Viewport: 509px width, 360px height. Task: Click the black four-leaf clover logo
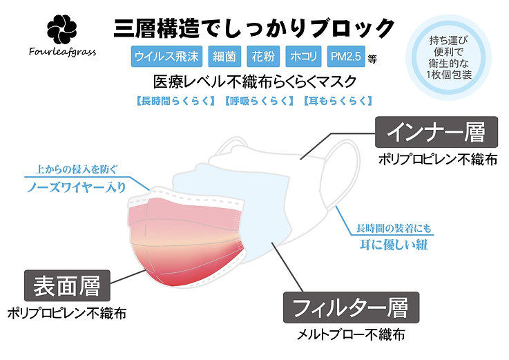[x=62, y=30]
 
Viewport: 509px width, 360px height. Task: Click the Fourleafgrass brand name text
[x=62, y=52]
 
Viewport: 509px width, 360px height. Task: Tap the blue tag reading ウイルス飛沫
[x=166, y=57]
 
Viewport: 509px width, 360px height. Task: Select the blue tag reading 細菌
[x=224, y=57]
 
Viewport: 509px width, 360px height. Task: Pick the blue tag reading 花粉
[x=263, y=57]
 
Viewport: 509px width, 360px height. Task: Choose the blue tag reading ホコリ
[x=303, y=57]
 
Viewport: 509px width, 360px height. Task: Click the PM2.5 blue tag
[x=346, y=57]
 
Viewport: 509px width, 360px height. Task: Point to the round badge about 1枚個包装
[x=449, y=58]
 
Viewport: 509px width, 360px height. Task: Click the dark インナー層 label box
[x=436, y=132]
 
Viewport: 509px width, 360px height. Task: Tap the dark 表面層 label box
[x=67, y=285]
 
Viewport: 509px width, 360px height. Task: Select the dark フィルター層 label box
[x=351, y=307]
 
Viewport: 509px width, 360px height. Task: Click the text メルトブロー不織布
[x=351, y=334]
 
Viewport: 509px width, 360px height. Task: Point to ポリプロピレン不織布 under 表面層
[x=67, y=314]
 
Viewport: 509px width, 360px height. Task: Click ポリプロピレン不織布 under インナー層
[x=438, y=159]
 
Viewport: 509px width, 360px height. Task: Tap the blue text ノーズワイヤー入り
[x=77, y=187]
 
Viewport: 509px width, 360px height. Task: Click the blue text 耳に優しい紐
[x=394, y=245]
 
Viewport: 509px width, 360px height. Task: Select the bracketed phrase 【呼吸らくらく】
[x=259, y=101]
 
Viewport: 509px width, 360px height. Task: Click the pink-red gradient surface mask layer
[x=185, y=240]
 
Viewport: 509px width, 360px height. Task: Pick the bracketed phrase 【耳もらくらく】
[x=338, y=101]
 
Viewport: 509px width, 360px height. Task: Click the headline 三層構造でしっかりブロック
[x=254, y=28]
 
